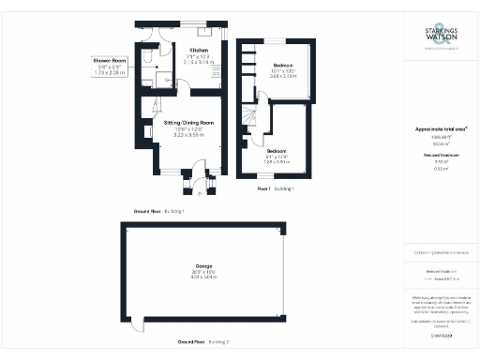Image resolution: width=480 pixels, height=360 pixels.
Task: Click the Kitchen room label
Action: (199, 50)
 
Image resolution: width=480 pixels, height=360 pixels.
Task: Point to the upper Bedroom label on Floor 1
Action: (282, 66)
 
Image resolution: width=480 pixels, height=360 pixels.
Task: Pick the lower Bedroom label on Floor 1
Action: (276, 150)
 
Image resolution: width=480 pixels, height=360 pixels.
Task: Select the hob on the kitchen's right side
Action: (217, 70)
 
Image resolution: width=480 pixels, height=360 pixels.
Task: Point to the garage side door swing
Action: (138, 322)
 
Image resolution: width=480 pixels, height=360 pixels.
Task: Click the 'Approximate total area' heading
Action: (441, 128)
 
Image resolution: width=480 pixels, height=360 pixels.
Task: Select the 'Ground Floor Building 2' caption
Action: (203, 343)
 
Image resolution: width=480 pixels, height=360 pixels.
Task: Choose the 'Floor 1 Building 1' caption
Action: (276, 188)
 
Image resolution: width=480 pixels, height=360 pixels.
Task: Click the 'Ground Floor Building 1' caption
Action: (159, 213)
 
